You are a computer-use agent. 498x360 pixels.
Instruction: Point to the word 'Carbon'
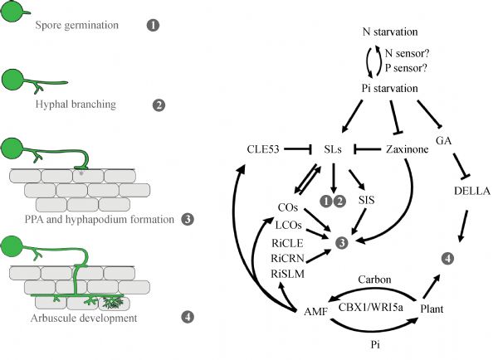tap(372, 281)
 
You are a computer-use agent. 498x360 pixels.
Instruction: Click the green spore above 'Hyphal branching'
tap(13, 81)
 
